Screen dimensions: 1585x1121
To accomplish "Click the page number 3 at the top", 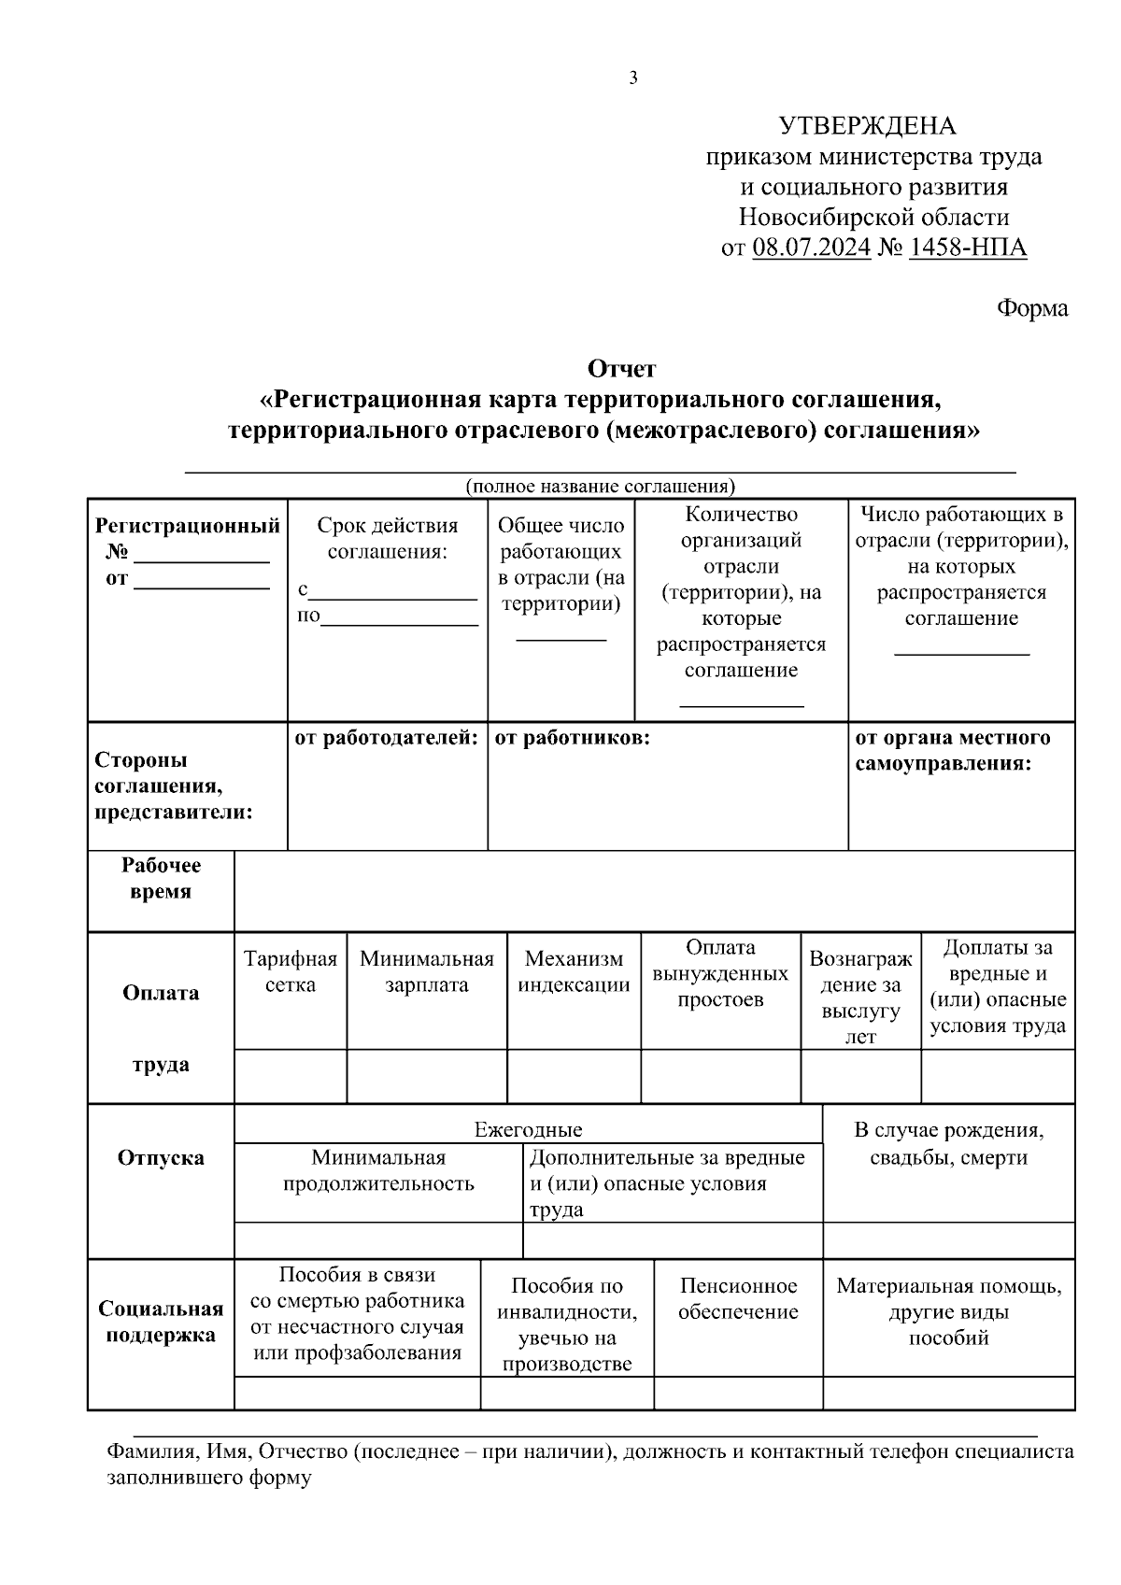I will coord(633,78).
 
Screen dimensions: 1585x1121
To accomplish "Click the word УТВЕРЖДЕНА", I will coord(868,126).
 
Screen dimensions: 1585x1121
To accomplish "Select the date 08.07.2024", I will coord(810,248).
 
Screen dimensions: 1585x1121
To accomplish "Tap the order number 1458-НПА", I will coord(967,248).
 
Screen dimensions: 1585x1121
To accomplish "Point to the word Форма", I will coord(1032,308).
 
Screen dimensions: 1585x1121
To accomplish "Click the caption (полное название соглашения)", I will coord(601,486).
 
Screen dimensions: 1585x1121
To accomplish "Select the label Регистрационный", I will coord(188,526).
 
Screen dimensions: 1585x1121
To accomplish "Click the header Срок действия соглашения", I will coord(388,538).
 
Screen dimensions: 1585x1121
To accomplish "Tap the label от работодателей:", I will coord(387,738).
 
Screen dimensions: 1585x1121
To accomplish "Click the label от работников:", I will coord(572,738).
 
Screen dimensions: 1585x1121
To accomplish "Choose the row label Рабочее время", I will coord(161,878).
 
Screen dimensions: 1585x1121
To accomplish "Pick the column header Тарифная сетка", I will coord(291,971).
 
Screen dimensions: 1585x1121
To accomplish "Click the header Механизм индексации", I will coord(574,971).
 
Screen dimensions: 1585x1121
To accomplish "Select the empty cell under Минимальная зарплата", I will coord(426,1076).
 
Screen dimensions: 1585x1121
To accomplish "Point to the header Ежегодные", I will coord(528,1129).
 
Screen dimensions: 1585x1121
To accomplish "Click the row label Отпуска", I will coord(161,1158).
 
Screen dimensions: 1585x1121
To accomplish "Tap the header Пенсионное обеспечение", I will coord(738,1299).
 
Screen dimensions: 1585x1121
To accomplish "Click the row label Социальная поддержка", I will coord(161,1322).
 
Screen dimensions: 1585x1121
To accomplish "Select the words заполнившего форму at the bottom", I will coord(209,1479).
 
